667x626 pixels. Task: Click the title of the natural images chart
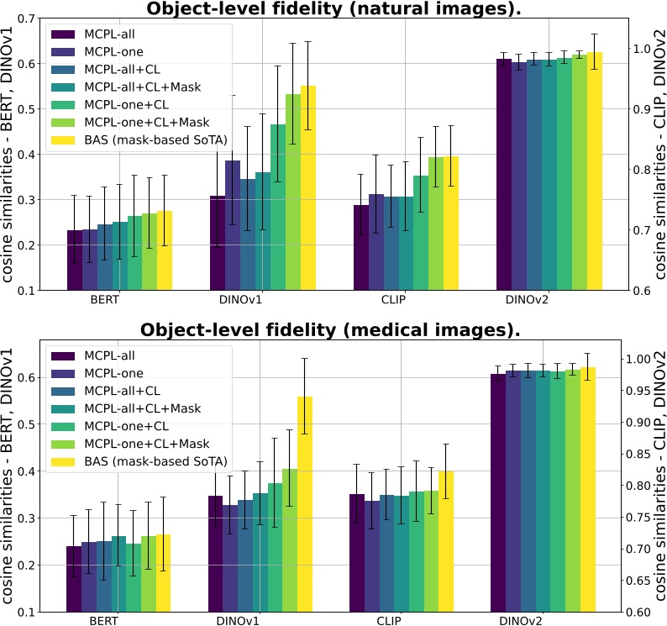pos(333,9)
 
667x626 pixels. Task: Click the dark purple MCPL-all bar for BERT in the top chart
pos(75,260)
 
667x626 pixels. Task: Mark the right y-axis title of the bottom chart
pos(659,475)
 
